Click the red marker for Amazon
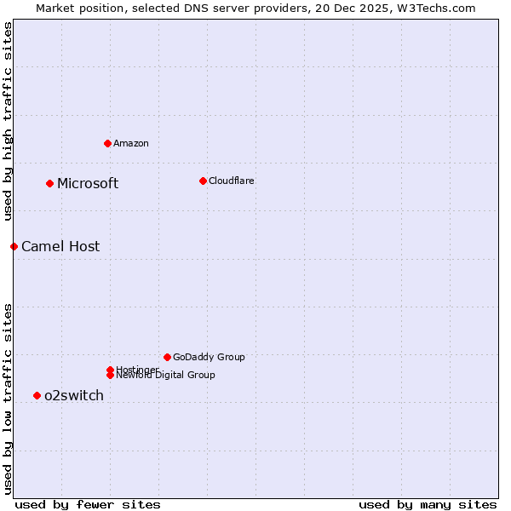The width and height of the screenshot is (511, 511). click(107, 143)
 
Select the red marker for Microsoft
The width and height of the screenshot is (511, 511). click(49, 183)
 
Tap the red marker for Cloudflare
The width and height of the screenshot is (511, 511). click(203, 181)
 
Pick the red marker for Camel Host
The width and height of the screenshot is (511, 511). click(14, 246)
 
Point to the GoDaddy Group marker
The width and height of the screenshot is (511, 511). click(167, 357)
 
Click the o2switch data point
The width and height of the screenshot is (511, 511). click(37, 395)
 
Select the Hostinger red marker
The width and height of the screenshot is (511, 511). click(110, 370)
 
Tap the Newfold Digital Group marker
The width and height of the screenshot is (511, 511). click(110, 376)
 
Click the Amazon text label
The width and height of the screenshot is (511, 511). click(130, 143)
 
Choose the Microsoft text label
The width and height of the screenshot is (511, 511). click(88, 183)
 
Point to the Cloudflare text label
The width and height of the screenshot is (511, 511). click(231, 181)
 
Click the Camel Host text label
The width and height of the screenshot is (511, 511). click(60, 246)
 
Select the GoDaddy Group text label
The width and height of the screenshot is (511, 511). click(209, 357)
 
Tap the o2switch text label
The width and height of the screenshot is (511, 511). click(74, 395)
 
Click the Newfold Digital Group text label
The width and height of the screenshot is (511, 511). click(166, 376)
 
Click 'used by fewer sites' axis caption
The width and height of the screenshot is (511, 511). click(88, 504)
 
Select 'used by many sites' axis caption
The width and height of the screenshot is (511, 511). click(428, 504)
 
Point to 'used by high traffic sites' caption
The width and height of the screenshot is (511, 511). click(8, 121)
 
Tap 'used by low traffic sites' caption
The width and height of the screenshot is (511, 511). click(8, 398)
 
